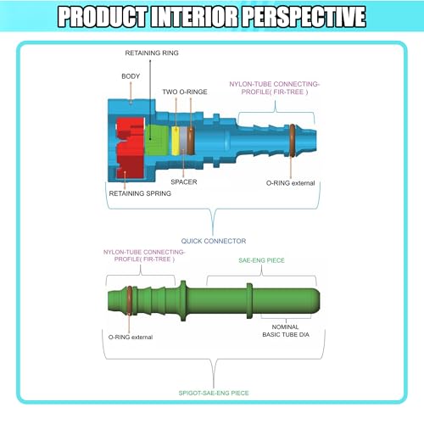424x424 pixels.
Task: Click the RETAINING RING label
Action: pyautogui.click(x=152, y=53)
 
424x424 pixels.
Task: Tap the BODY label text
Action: pyautogui.click(x=131, y=76)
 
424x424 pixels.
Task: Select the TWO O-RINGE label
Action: pyautogui.click(x=185, y=92)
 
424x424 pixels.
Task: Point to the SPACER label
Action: pyautogui.click(x=184, y=181)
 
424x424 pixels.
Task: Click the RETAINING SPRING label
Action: pyautogui.click(x=140, y=193)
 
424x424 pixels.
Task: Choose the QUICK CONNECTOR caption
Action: pyautogui.click(x=214, y=241)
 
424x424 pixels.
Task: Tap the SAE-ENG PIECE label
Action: pyautogui.click(x=261, y=260)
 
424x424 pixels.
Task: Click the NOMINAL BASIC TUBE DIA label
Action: pyautogui.click(x=286, y=331)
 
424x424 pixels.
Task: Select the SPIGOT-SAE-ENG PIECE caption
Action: pyautogui.click(x=214, y=393)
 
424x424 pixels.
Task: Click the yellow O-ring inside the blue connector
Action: pyautogui.click(x=176, y=141)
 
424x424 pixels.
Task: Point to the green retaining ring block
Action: pyautogui.click(x=156, y=140)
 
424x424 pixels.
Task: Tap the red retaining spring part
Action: pyautogui.click(x=130, y=148)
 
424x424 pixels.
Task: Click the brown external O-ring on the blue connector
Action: pyautogui.click(x=293, y=140)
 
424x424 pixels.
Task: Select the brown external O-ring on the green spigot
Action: pyautogui.click(x=130, y=300)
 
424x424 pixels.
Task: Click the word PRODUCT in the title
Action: pyautogui.click(x=103, y=17)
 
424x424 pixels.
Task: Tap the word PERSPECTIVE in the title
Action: pyautogui.click(x=304, y=17)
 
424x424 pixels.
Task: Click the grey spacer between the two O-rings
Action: pyautogui.click(x=183, y=141)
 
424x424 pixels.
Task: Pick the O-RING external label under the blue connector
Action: pyautogui.click(x=290, y=183)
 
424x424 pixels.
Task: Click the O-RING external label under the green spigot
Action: pyautogui.click(x=131, y=337)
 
